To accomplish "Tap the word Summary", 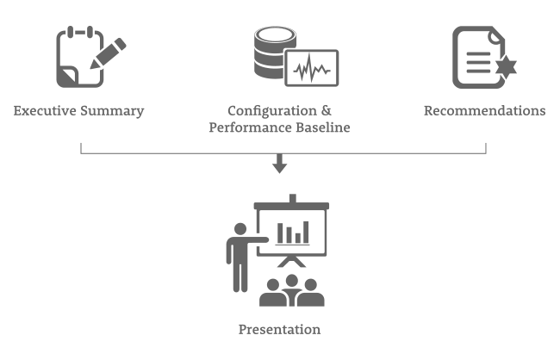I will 113,111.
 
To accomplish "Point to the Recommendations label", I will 484,111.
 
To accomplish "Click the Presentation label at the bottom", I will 279,329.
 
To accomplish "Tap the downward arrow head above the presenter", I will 279,166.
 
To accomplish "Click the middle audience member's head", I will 291,281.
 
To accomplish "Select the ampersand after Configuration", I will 325,111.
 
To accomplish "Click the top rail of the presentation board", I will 291,206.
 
